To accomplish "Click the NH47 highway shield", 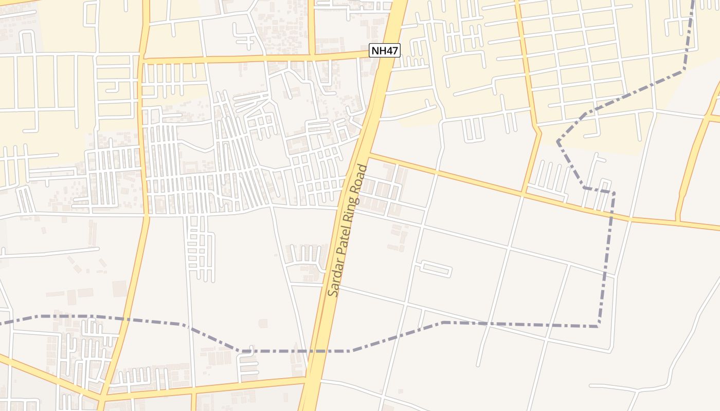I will point(385,50).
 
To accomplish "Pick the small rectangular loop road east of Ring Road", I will point(436,269).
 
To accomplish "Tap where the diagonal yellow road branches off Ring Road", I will point(368,154).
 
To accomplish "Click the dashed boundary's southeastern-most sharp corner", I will point(598,326).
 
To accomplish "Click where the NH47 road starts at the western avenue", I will point(143,60).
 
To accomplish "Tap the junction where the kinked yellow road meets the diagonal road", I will point(523,194).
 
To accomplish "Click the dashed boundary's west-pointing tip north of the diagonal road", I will point(557,140).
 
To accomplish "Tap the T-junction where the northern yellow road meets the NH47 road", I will point(311,55).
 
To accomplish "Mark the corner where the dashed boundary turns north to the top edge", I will point(685,70).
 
